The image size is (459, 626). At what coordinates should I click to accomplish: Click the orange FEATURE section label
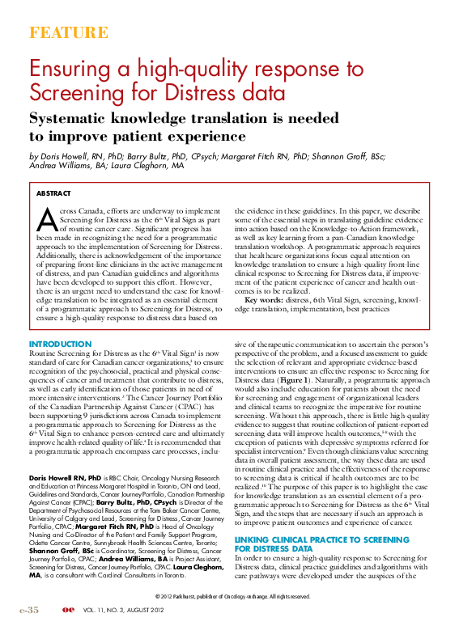[68, 33]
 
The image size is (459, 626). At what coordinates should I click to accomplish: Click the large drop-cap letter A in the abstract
[47, 220]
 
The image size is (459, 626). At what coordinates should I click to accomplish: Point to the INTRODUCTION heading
[60, 344]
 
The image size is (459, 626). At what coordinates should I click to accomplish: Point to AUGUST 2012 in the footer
[185, 610]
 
